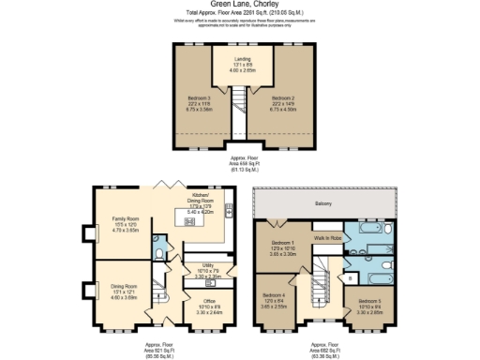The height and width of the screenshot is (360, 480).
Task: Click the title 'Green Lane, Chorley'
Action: coord(239,5)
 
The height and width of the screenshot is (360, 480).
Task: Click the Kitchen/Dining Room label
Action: coord(201,204)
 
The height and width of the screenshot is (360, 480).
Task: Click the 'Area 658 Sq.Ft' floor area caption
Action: coord(241,165)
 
